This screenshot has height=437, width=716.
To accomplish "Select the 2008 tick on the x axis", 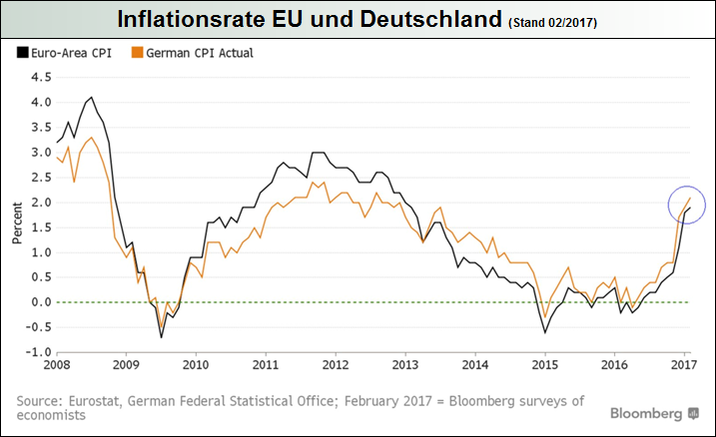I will pos(56,365).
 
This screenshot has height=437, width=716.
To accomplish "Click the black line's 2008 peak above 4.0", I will pos(92,98).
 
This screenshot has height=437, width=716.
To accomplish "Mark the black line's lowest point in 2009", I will pos(162,336).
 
